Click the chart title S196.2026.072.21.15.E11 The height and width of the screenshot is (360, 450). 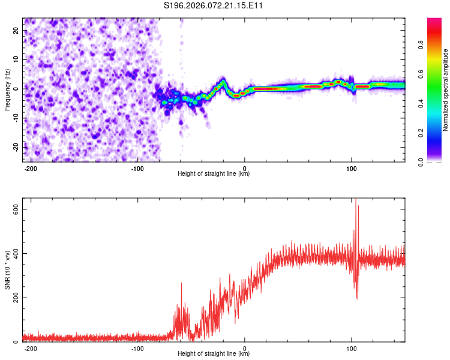coord(214,6)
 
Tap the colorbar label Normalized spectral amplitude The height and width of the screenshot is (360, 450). coord(445,90)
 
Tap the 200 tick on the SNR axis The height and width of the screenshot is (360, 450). coord(13,298)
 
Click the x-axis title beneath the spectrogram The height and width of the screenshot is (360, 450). coord(214,174)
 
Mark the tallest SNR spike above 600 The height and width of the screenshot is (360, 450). coord(355,201)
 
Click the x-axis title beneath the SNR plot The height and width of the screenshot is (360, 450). coord(214,354)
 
